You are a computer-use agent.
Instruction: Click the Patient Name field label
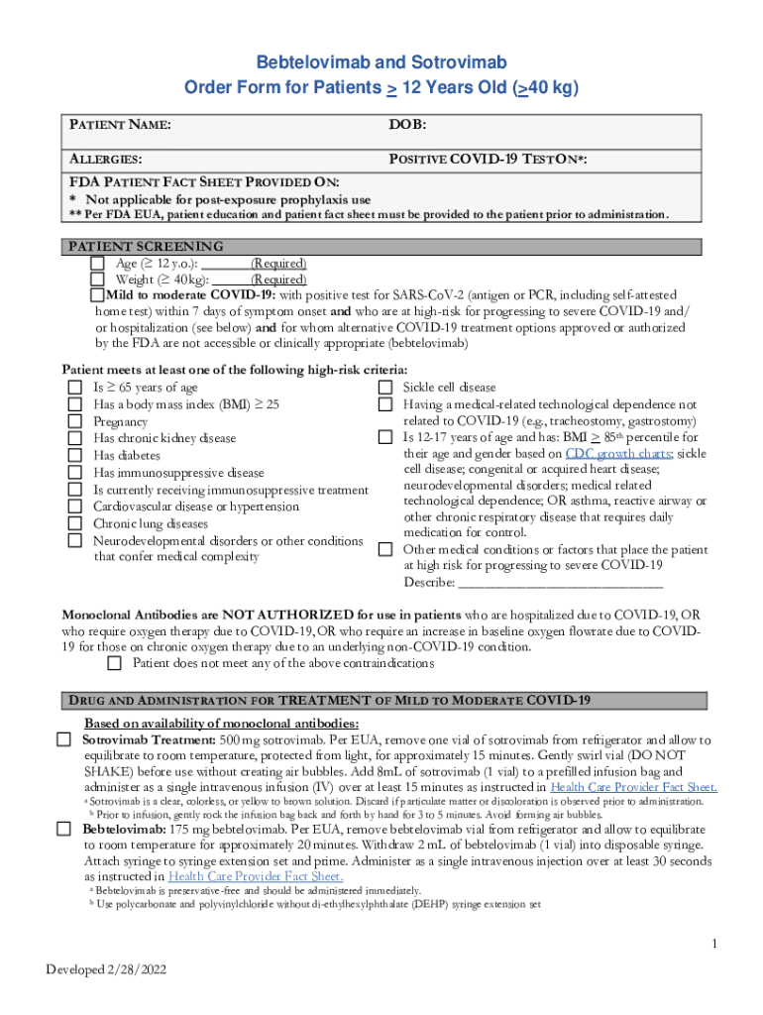tap(120, 126)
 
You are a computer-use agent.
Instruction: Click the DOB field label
tap(407, 126)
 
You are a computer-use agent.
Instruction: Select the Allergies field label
tap(105, 159)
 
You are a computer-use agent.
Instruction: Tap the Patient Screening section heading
tap(145, 247)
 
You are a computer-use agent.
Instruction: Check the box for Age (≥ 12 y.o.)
tap(97, 264)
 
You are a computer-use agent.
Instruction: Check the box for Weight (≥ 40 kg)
tap(97, 280)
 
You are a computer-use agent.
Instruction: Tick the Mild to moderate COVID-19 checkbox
tap(97, 295)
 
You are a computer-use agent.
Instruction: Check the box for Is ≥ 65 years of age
tap(74, 388)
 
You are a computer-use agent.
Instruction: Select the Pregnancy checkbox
tap(74, 421)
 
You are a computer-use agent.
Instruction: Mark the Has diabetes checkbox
tap(74, 455)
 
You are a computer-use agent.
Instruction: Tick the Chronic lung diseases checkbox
tap(74, 523)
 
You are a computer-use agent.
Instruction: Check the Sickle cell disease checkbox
tap(386, 388)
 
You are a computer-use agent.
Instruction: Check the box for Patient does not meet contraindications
tap(114, 663)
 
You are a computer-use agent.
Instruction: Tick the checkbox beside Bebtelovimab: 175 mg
tap(63, 829)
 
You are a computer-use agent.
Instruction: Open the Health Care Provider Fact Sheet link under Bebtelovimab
tap(256, 876)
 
